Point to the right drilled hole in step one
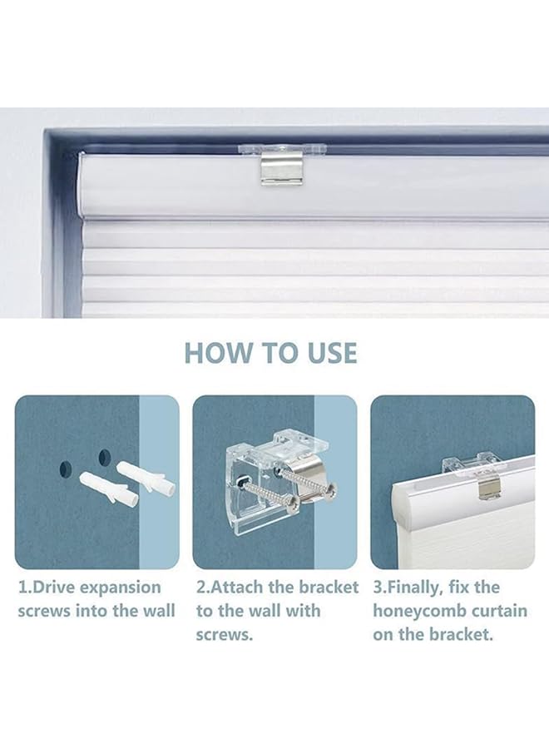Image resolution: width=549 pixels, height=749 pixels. click(x=104, y=457)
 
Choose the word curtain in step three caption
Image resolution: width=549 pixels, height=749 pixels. click(x=497, y=611)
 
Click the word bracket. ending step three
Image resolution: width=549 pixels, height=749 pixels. click(x=463, y=634)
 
